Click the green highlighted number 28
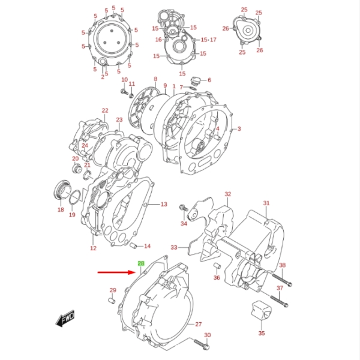(141, 263)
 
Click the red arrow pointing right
(115, 272)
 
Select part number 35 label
(261, 333)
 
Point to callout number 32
(227, 194)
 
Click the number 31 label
(266, 203)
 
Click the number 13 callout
(164, 205)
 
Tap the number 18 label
(61, 210)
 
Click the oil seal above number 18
(62, 190)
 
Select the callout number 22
(105, 110)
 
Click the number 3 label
(239, 129)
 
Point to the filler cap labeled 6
(195, 80)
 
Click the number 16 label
(159, 40)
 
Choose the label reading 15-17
(209, 40)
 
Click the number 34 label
(184, 224)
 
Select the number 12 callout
(93, 248)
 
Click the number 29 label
(112, 290)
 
